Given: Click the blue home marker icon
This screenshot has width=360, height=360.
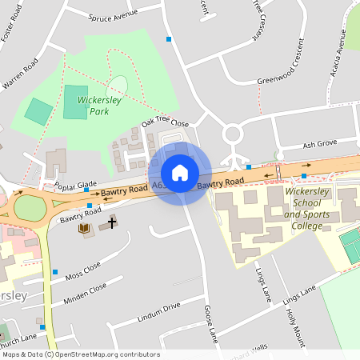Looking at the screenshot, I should [180, 173].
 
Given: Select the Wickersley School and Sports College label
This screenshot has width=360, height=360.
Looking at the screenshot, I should [312, 209].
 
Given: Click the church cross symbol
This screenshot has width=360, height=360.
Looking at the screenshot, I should [110, 224].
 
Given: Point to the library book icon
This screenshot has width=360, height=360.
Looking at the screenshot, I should [83, 230].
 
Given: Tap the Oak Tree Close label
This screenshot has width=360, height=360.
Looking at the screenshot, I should [165, 123].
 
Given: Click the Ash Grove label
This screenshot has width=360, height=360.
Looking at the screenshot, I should [320, 146].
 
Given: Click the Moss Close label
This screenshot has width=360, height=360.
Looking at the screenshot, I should [83, 270].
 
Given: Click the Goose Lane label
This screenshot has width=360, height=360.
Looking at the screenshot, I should [211, 322].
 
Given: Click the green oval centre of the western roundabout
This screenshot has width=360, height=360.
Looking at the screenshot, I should [30, 208].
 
